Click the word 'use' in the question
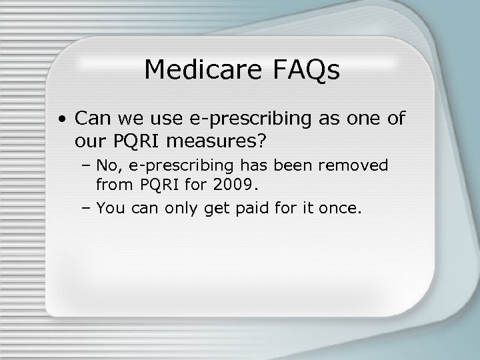pos(158,120)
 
